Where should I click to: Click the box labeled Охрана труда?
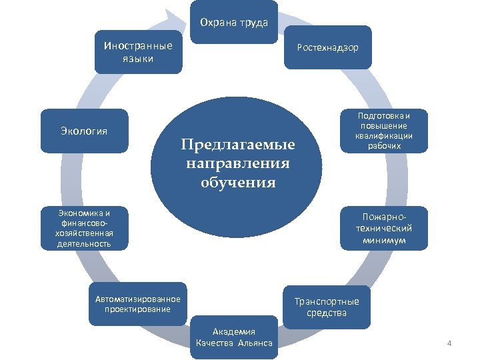234,22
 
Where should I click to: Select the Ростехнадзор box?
327,47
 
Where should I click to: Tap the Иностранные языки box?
138,52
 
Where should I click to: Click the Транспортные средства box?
327,307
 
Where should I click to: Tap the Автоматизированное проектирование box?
138,303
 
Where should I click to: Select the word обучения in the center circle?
237,183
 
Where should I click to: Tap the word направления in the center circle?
237,163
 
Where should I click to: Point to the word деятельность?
84,244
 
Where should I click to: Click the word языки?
138,59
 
